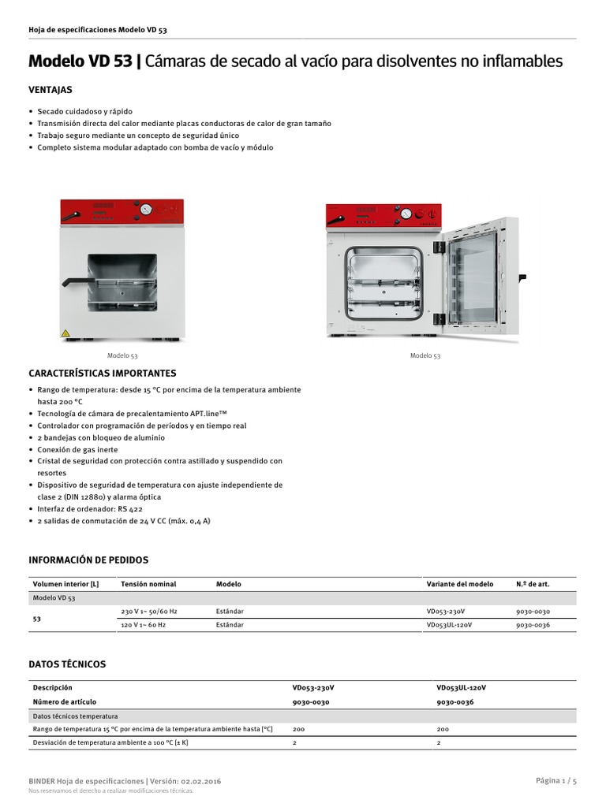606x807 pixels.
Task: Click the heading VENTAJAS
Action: pos(50,90)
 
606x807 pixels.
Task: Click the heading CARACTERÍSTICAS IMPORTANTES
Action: pos(103,373)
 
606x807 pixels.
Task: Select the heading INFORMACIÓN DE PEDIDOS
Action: pos(88,560)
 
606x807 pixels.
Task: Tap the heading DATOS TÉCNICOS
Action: pos(67,664)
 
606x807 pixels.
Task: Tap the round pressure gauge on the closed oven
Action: pos(146,210)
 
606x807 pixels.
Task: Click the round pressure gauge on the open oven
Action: pos(406,214)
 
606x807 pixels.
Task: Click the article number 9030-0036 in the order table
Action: pos(533,625)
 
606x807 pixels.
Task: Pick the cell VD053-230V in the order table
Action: pos(446,611)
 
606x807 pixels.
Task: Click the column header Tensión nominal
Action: pos(148,584)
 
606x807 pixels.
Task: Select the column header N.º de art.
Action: pos(533,584)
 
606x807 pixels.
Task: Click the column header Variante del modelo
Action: pos(460,584)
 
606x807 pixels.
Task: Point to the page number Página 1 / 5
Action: pos(556,780)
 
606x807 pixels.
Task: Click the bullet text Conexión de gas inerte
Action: pos(77,449)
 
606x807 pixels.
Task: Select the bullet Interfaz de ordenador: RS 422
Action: pos(90,509)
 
